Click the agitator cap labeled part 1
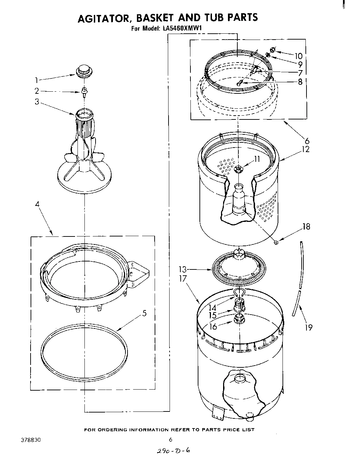[83, 70]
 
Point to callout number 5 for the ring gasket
[144, 313]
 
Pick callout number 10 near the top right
[298, 56]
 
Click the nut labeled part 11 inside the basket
[238, 169]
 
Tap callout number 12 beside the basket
[305, 149]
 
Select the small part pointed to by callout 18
[276, 243]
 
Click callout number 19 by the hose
[308, 327]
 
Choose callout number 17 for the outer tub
[183, 278]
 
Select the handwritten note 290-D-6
[170, 451]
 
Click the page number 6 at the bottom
[170, 440]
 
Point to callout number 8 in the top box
[300, 82]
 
